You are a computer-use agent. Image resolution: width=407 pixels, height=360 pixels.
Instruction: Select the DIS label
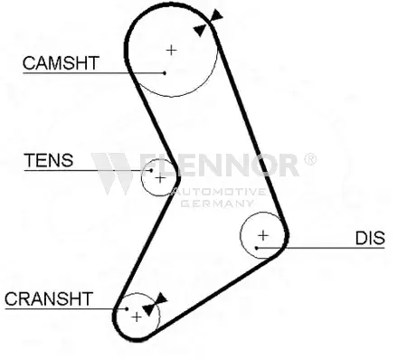point(369,238)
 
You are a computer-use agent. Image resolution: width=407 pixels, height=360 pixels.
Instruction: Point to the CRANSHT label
point(48,298)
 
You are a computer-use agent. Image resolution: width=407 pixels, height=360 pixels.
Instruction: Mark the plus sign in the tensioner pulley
point(160,177)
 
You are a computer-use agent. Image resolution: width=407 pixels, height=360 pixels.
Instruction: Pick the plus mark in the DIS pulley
point(262,237)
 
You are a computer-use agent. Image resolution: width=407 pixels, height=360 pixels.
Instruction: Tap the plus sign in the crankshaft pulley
point(136,317)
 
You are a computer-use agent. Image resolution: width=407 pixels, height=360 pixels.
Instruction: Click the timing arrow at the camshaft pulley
point(214,19)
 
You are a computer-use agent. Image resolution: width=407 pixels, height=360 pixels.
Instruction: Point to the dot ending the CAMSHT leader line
point(165,72)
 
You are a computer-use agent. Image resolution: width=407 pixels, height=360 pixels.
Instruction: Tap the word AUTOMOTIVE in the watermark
point(217,192)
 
